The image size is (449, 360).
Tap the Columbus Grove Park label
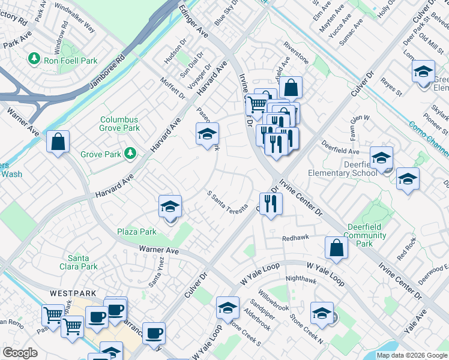pos(119,124)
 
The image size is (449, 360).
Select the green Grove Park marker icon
pos(130,155)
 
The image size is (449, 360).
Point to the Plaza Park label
pos(137,232)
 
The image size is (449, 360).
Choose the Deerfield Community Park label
pos(367,235)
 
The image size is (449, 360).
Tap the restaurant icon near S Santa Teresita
pos(271,203)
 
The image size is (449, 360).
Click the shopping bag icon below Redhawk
pos(336,247)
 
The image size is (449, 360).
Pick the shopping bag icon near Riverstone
pos(291,88)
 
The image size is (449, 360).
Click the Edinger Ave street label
pos(194,23)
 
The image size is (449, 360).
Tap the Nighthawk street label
pos(300,278)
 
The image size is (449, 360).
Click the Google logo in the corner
pos(20,353)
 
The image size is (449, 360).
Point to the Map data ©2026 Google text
pos(412,355)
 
